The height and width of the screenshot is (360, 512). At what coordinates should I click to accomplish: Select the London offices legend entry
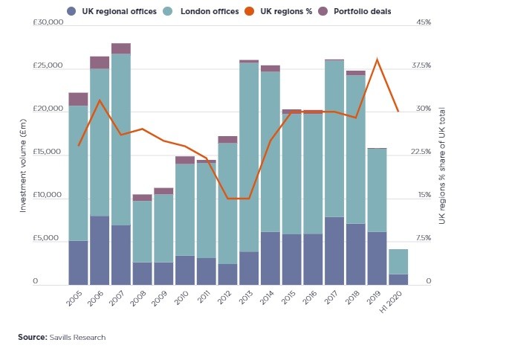pos(210,11)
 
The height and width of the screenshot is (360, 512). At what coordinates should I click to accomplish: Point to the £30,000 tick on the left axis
pos(48,23)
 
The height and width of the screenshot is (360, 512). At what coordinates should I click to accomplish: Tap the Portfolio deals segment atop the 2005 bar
pos(78,99)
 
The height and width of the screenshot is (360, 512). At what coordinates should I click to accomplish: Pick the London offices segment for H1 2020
pos(398,262)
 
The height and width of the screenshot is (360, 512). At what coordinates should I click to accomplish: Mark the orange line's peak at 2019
pos(377,60)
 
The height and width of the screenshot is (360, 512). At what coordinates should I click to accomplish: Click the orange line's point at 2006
pos(100,100)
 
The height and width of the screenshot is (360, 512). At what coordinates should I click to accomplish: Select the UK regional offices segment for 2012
pos(227,274)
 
